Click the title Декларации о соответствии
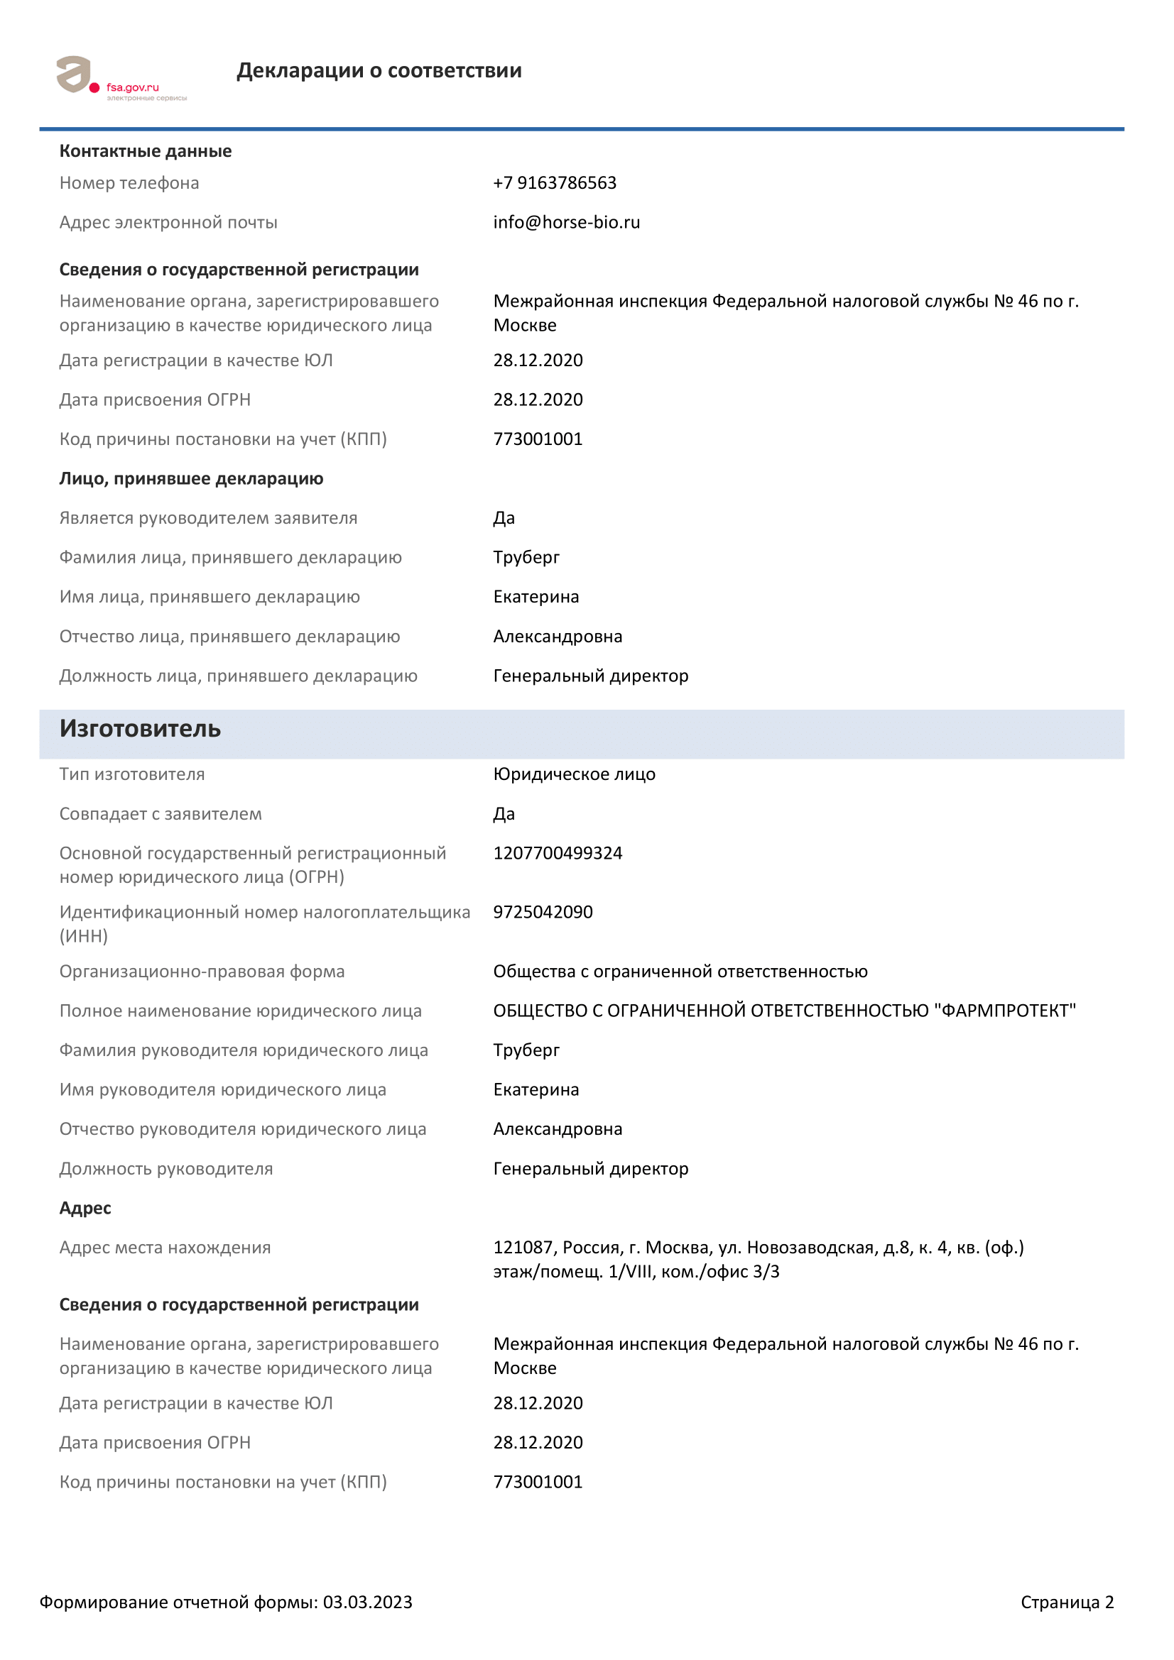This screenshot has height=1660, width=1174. point(379,70)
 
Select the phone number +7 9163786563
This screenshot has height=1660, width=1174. point(554,183)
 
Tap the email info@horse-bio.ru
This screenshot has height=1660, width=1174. point(565,222)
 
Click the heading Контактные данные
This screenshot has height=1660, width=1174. point(146,151)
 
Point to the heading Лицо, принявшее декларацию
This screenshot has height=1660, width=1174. point(191,478)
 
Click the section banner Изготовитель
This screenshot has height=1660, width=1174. point(141,729)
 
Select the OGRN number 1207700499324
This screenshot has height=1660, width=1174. point(557,853)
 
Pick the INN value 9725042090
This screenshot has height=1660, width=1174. point(543,913)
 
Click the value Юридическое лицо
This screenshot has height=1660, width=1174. point(574,774)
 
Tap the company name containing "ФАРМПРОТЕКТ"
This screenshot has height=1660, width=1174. point(784,1011)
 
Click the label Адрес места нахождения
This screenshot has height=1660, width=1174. point(165,1248)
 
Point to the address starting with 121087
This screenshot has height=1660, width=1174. point(757,1260)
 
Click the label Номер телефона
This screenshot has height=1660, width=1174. point(129,183)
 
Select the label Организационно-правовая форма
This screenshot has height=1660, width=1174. point(202,972)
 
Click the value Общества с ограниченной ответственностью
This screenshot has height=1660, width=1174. point(680,972)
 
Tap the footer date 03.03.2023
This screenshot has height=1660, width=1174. point(366,1603)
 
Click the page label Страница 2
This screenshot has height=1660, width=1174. point(1066,1603)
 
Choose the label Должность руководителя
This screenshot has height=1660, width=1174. point(165,1169)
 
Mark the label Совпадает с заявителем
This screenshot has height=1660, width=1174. point(161,814)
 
